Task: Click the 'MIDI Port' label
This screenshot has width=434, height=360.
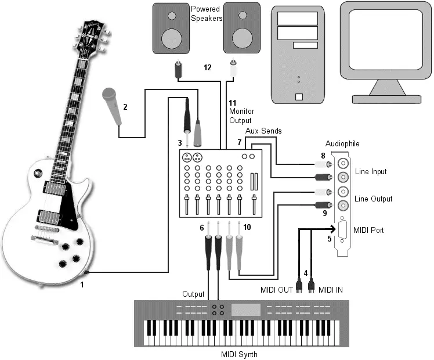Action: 369,230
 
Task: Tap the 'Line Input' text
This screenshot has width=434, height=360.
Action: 370,172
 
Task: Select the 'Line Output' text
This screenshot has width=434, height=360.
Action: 373,199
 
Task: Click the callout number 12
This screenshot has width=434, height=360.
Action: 207,67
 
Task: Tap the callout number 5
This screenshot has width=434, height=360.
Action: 330,238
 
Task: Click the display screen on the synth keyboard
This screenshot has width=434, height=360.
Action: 246,309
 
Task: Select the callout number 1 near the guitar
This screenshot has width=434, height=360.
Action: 82,285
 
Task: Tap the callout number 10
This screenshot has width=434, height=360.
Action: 247,227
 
